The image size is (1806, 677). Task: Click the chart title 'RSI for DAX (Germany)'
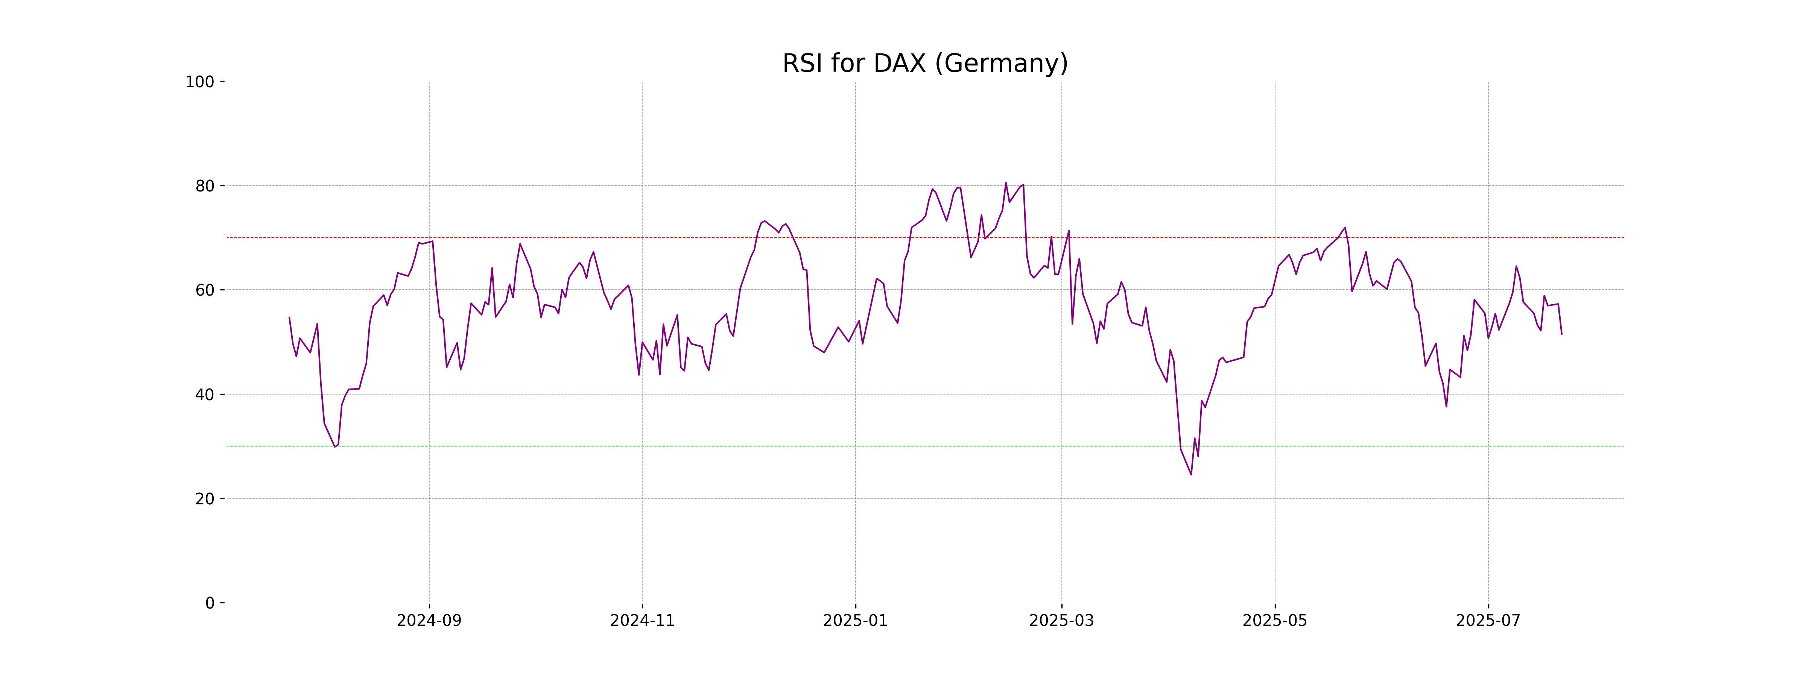point(925,64)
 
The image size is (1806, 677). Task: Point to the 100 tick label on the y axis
point(200,82)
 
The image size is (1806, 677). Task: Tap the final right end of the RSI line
point(1561,334)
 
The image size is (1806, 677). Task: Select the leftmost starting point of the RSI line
point(290,317)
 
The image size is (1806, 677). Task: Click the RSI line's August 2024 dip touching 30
point(335,446)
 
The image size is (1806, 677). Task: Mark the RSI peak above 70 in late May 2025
point(1345,228)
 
